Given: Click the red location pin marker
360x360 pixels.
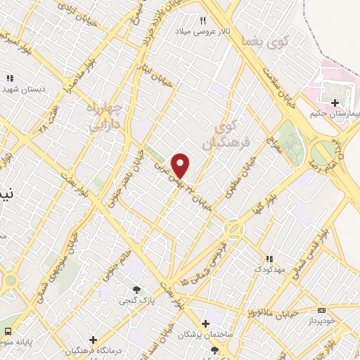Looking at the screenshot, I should click(x=181, y=165).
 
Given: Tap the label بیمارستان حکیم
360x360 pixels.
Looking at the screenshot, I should click(x=335, y=113).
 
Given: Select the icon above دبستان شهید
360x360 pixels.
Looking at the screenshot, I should click(x=10, y=79).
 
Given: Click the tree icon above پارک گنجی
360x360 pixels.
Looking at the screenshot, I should click(x=136, y=289).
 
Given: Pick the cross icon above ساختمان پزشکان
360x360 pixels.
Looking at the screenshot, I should click(x=205, y=324).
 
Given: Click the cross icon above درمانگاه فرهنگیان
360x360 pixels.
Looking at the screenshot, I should click(x=93, y=340).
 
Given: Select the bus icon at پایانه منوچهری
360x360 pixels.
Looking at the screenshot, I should click(x=8, y=330).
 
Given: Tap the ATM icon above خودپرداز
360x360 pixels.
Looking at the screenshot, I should click(x=322, y=310).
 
